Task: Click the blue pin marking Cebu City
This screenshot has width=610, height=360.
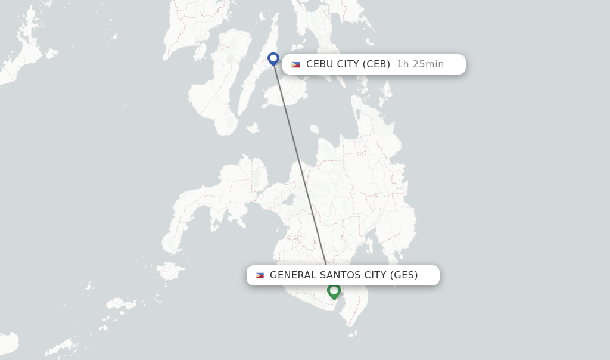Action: coord(273,58)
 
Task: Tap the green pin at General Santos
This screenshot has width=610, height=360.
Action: coord(334,291)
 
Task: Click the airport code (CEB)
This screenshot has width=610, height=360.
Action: coord(376,64)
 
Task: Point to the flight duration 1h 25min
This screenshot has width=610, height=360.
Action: coord(420,64)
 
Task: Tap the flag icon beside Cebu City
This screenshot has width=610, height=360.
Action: coord(295,64)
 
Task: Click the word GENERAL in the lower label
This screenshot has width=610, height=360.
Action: coord(293,275)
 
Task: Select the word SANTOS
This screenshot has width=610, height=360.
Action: coord(339,275)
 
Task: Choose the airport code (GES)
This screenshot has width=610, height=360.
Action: coord(404,275)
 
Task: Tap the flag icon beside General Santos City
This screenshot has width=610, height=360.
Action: coord(260,275)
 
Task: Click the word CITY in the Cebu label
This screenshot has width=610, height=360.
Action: coord(348,64)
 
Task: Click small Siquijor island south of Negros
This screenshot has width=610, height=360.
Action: coord(252,128)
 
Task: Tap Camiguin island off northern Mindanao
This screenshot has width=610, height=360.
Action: coord(314,128)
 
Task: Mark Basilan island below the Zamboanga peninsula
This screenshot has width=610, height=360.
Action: coord(170,271)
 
